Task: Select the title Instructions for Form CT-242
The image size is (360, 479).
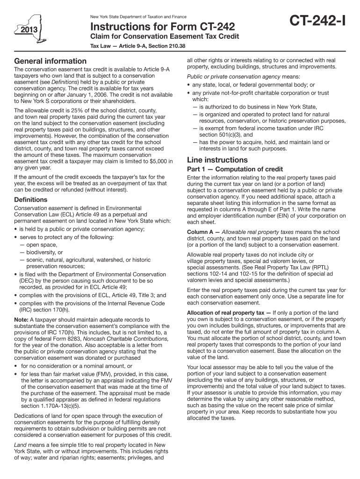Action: tap(162, 26)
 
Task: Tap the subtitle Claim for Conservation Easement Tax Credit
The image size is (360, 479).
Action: tap(165, 37)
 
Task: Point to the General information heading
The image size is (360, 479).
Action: tap(50, 61)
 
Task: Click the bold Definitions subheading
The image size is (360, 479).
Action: tap(31, 200)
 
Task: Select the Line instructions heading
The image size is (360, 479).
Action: tap(217, 160)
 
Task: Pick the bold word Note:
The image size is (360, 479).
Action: tap(22, 319)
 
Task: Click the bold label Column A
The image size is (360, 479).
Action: tap(202, 232)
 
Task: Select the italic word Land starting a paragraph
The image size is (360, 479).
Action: tap(21, 444)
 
